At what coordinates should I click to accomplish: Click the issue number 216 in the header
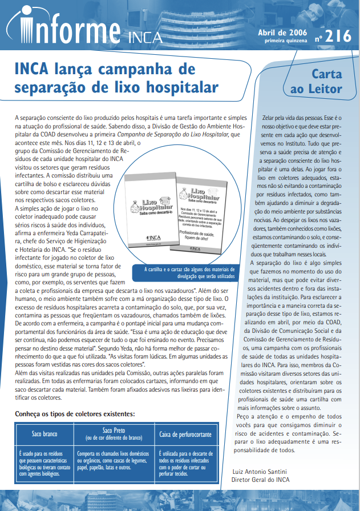coord(339,36)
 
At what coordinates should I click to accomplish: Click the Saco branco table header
coord(44,434)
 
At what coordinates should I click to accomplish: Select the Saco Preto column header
coord(114,433)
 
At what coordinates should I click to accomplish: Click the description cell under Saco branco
coord(44,463)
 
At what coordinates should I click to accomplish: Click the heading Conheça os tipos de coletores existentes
coord(74,413)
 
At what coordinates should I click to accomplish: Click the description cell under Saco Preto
coord(114,463)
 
